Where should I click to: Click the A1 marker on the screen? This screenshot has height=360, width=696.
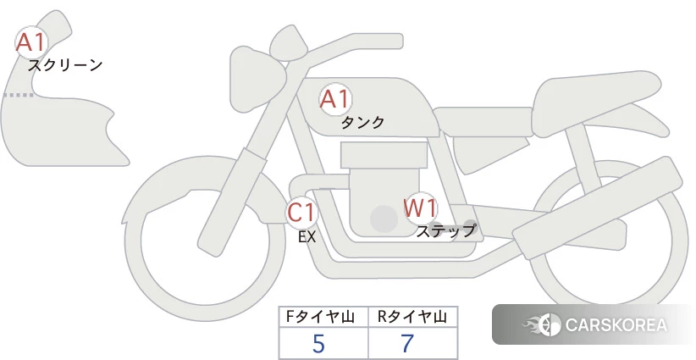31,42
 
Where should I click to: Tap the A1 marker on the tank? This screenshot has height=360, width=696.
335,99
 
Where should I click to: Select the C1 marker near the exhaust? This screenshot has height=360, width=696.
301,212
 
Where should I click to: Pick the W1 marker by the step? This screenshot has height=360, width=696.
420,208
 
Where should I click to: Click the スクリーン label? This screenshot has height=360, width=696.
65,66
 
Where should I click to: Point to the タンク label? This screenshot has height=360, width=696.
362,122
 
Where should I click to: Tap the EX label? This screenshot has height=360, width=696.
307,237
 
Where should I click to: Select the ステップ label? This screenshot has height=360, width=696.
445,231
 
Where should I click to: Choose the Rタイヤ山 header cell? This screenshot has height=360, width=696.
413,317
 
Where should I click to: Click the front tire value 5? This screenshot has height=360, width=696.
318,344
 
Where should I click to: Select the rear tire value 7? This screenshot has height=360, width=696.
407,344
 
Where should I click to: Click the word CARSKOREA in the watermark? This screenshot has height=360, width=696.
616,325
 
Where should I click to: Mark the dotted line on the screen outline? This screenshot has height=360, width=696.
18,95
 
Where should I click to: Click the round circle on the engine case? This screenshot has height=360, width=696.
384,219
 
